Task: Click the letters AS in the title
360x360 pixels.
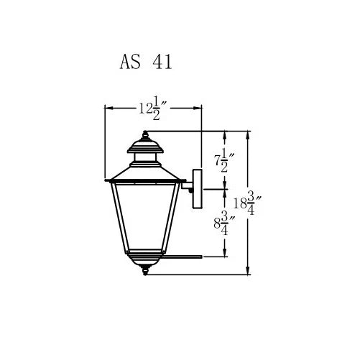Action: [x=130, y=62]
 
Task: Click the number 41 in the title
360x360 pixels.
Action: [x=162, y=62]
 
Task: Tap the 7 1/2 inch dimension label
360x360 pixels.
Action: [x=224, y=160]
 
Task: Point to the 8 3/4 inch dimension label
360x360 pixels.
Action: [x=224, y=223]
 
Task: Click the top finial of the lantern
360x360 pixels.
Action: [x=145, y=135]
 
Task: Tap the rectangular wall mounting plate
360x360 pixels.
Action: [x=198, y=189]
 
